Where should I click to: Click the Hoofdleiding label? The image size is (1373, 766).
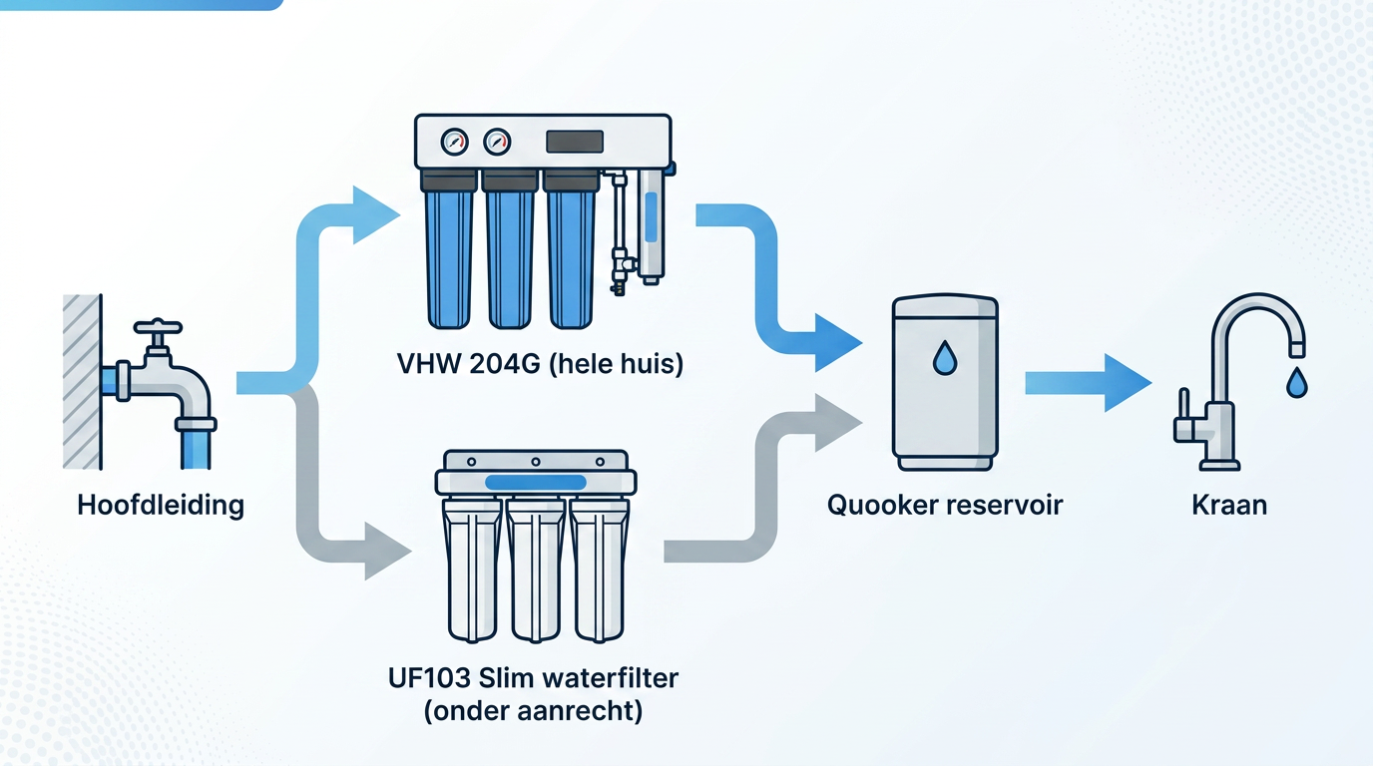pos(161,505)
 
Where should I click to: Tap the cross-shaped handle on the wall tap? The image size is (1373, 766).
pos(158,328)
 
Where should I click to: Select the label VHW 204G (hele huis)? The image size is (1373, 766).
pos(541,364)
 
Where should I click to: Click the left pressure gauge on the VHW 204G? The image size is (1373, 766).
pos(454,142)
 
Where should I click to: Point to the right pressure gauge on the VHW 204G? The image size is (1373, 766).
pos(497,142)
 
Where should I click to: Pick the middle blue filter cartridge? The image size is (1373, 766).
pos(510,257)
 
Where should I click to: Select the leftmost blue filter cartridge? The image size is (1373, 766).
pos(450,257)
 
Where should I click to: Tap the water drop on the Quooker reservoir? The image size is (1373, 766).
pos(944,359)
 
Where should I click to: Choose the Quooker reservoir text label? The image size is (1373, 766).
pos(945,505)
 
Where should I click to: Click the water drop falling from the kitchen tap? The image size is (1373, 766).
pos(1296,383)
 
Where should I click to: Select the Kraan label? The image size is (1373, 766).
pos(1229,505)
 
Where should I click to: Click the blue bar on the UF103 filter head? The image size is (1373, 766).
pos(535,482)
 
